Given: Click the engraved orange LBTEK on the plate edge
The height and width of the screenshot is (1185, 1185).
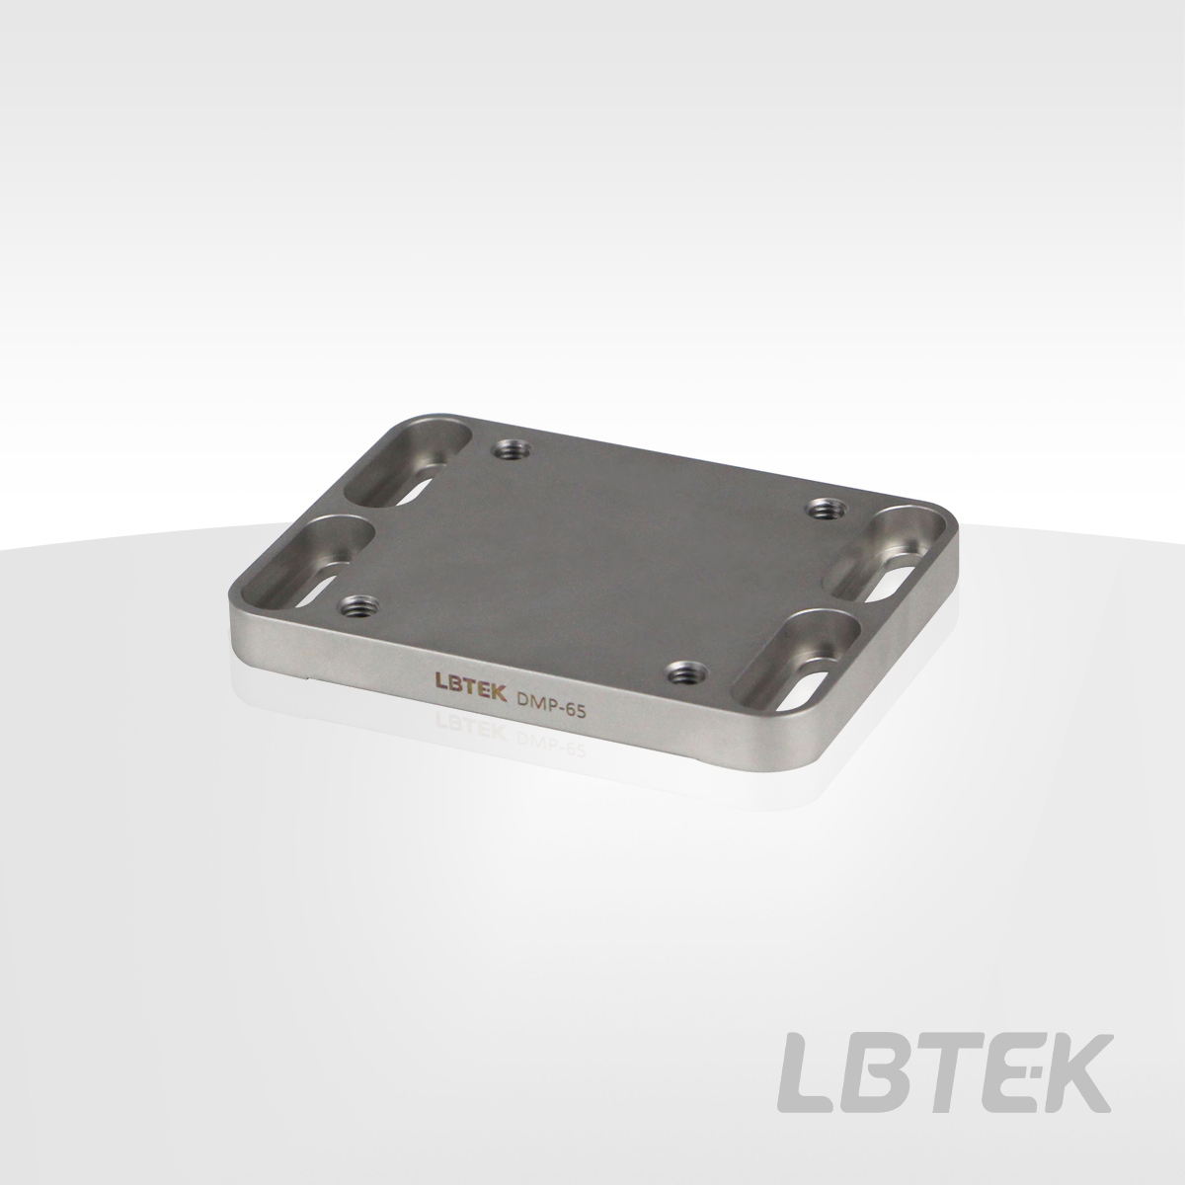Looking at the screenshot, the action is tap(470, 695).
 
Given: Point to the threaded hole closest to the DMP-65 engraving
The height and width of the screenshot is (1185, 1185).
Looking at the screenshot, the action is tap(687, 673).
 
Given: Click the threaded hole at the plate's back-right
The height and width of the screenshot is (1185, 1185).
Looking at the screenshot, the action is tap(828, 509).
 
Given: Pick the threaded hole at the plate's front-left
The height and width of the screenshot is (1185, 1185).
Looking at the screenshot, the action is tap(359, 606).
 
